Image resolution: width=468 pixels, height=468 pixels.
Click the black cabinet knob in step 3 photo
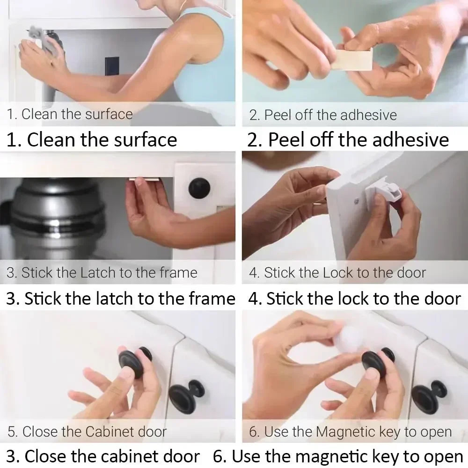[199, 188]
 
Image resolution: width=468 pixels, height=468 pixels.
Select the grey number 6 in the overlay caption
[253, 431]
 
